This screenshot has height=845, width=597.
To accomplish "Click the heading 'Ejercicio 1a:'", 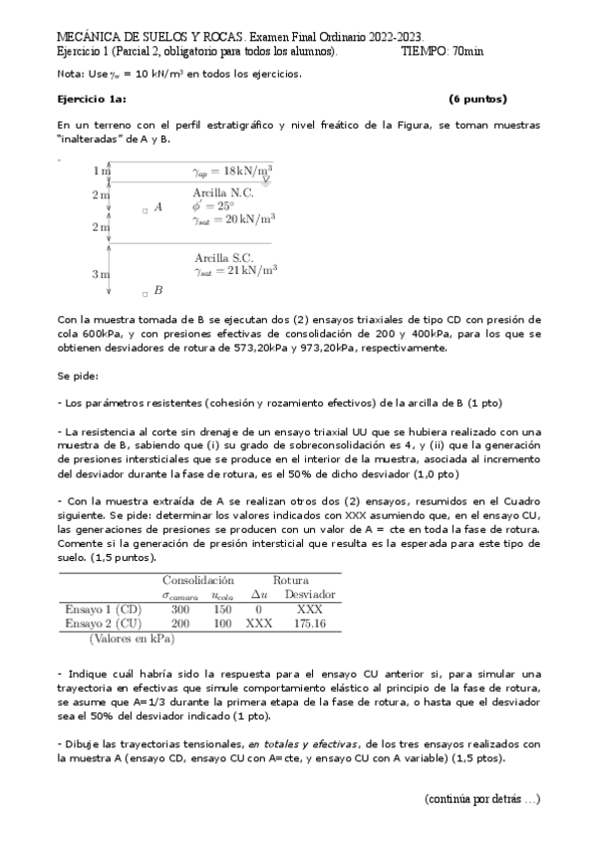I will [x=92, y=99].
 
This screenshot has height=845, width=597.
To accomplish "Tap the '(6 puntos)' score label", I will [x=477, y=99].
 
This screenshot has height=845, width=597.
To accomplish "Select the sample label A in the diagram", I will [x=157, y=209].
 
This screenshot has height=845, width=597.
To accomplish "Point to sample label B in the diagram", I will [x=157, y=290].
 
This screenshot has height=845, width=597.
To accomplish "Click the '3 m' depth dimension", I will [x=101, y=273].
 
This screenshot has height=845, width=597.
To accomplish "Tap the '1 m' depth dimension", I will [x=101, y=171].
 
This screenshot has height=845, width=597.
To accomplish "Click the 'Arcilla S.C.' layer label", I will [x=223, y=256].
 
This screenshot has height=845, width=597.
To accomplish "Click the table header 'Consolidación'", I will [x=197, y=579].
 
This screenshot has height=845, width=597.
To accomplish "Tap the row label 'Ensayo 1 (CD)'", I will [x=104, y=608].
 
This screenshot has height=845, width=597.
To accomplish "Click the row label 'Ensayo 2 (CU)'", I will [x=104, y=622].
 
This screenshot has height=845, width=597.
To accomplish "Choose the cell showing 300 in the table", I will [x=180, y=608].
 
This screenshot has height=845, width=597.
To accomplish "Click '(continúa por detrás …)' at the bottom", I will [x=481, y=798].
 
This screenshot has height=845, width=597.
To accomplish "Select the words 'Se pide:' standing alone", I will [x=78, y=377].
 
